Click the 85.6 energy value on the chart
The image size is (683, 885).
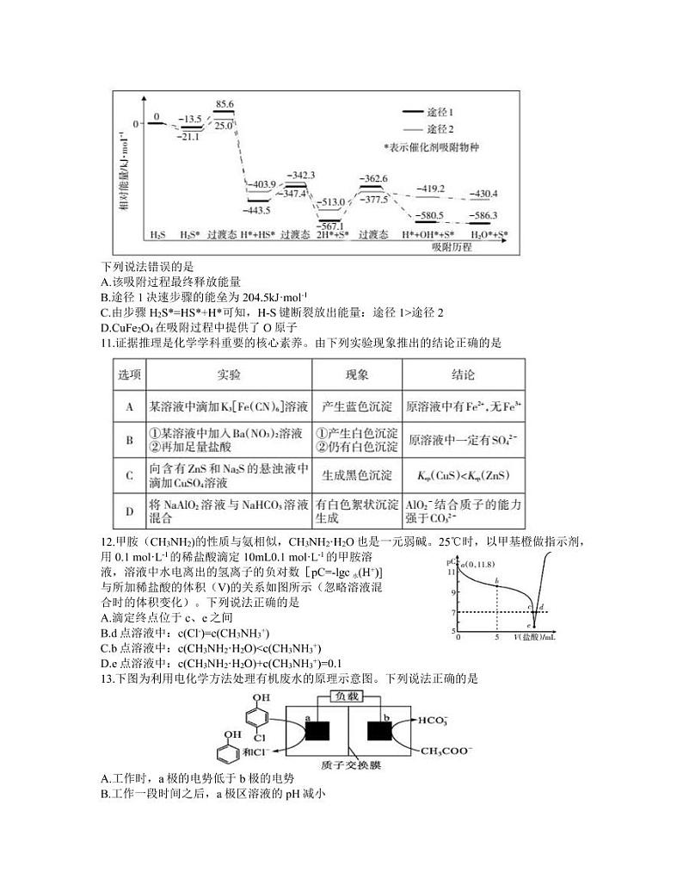point(225,104)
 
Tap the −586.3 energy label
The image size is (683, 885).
point(484,215)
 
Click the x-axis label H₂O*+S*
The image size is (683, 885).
point(489,235)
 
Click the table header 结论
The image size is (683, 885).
point(463,375)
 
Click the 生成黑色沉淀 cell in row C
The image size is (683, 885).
point(356,475)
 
